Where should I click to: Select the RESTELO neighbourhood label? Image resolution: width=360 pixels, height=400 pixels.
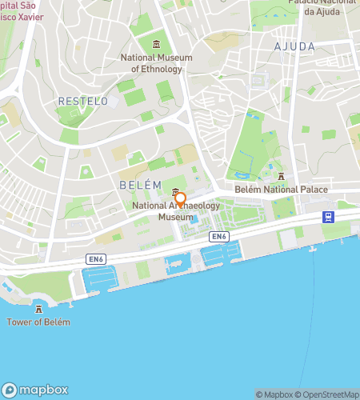pyautogui.click(x=83, y=101)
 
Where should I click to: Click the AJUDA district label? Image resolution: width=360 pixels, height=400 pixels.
pyautogui.click(x=295, y=46)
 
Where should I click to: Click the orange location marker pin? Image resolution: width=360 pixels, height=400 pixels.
pyautogui.click(x=181, y=199)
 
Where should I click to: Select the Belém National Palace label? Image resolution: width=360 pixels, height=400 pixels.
pyautogui.click(x=281, y=190)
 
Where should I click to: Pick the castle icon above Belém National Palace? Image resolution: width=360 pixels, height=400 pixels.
pyautogui.click(x=281, y=176)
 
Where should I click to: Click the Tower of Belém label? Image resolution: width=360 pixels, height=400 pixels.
pyautogui.click(x=38, y=322)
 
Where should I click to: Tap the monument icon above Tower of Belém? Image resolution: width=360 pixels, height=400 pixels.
pyautogui.click(x=38, y=309)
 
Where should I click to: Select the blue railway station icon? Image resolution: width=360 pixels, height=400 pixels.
pyautogui.click(x=328, y=217)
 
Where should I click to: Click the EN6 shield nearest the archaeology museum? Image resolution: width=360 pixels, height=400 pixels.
pyautogui.click(x=219, y=237)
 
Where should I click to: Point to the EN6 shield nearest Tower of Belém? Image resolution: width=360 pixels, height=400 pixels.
pyautogui.click(x=96, y=259)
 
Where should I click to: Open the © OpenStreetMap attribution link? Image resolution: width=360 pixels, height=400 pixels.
pyautogui.click(x=329, y=394)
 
